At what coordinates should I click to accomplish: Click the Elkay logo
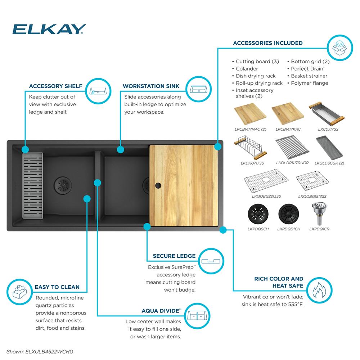[49, 29]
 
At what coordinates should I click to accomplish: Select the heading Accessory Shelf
[56, 86]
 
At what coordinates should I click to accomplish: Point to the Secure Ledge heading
[174, 256]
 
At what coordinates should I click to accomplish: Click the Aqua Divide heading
[161, 311]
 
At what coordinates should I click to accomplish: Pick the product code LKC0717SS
[328, 129]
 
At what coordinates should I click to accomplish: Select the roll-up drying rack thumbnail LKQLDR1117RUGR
[292, 149]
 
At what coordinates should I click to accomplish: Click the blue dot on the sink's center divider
[97, 183]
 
